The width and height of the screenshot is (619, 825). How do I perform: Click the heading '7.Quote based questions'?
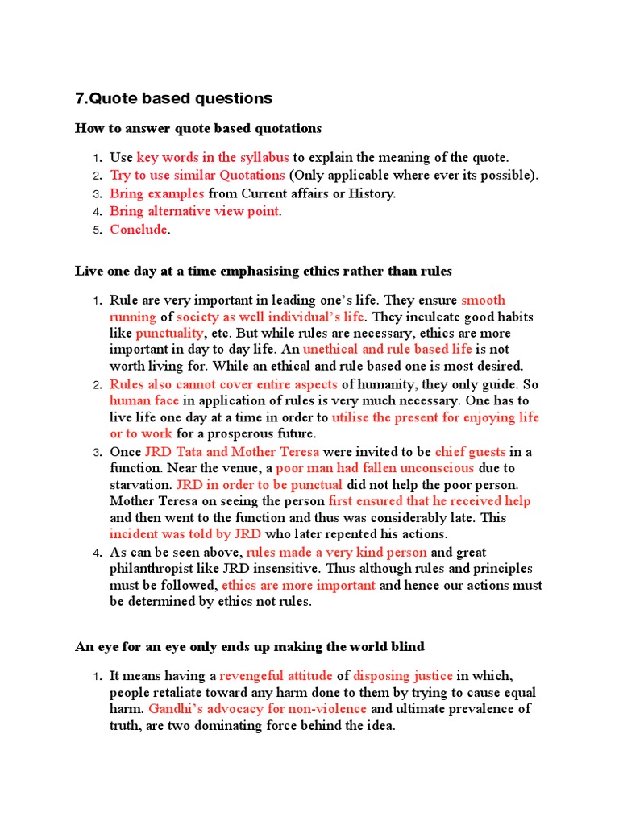173,99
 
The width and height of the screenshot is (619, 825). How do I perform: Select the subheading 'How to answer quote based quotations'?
198,129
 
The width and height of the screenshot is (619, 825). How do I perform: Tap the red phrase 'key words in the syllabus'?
213,157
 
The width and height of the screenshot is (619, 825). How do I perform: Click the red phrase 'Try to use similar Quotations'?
197,176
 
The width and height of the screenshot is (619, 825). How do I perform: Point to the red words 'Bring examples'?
157,193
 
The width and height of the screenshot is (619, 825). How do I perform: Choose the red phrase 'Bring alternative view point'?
194,212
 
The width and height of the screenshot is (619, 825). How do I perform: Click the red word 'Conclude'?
139,230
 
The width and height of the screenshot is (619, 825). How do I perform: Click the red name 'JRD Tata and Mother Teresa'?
231,451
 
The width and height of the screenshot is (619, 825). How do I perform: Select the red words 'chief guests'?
470,451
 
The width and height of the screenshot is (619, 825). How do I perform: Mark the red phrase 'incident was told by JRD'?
185,534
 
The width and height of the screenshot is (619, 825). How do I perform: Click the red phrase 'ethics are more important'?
298,586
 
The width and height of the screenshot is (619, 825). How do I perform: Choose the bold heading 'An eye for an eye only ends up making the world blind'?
250,647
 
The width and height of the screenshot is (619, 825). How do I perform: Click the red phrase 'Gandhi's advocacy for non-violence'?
258,709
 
